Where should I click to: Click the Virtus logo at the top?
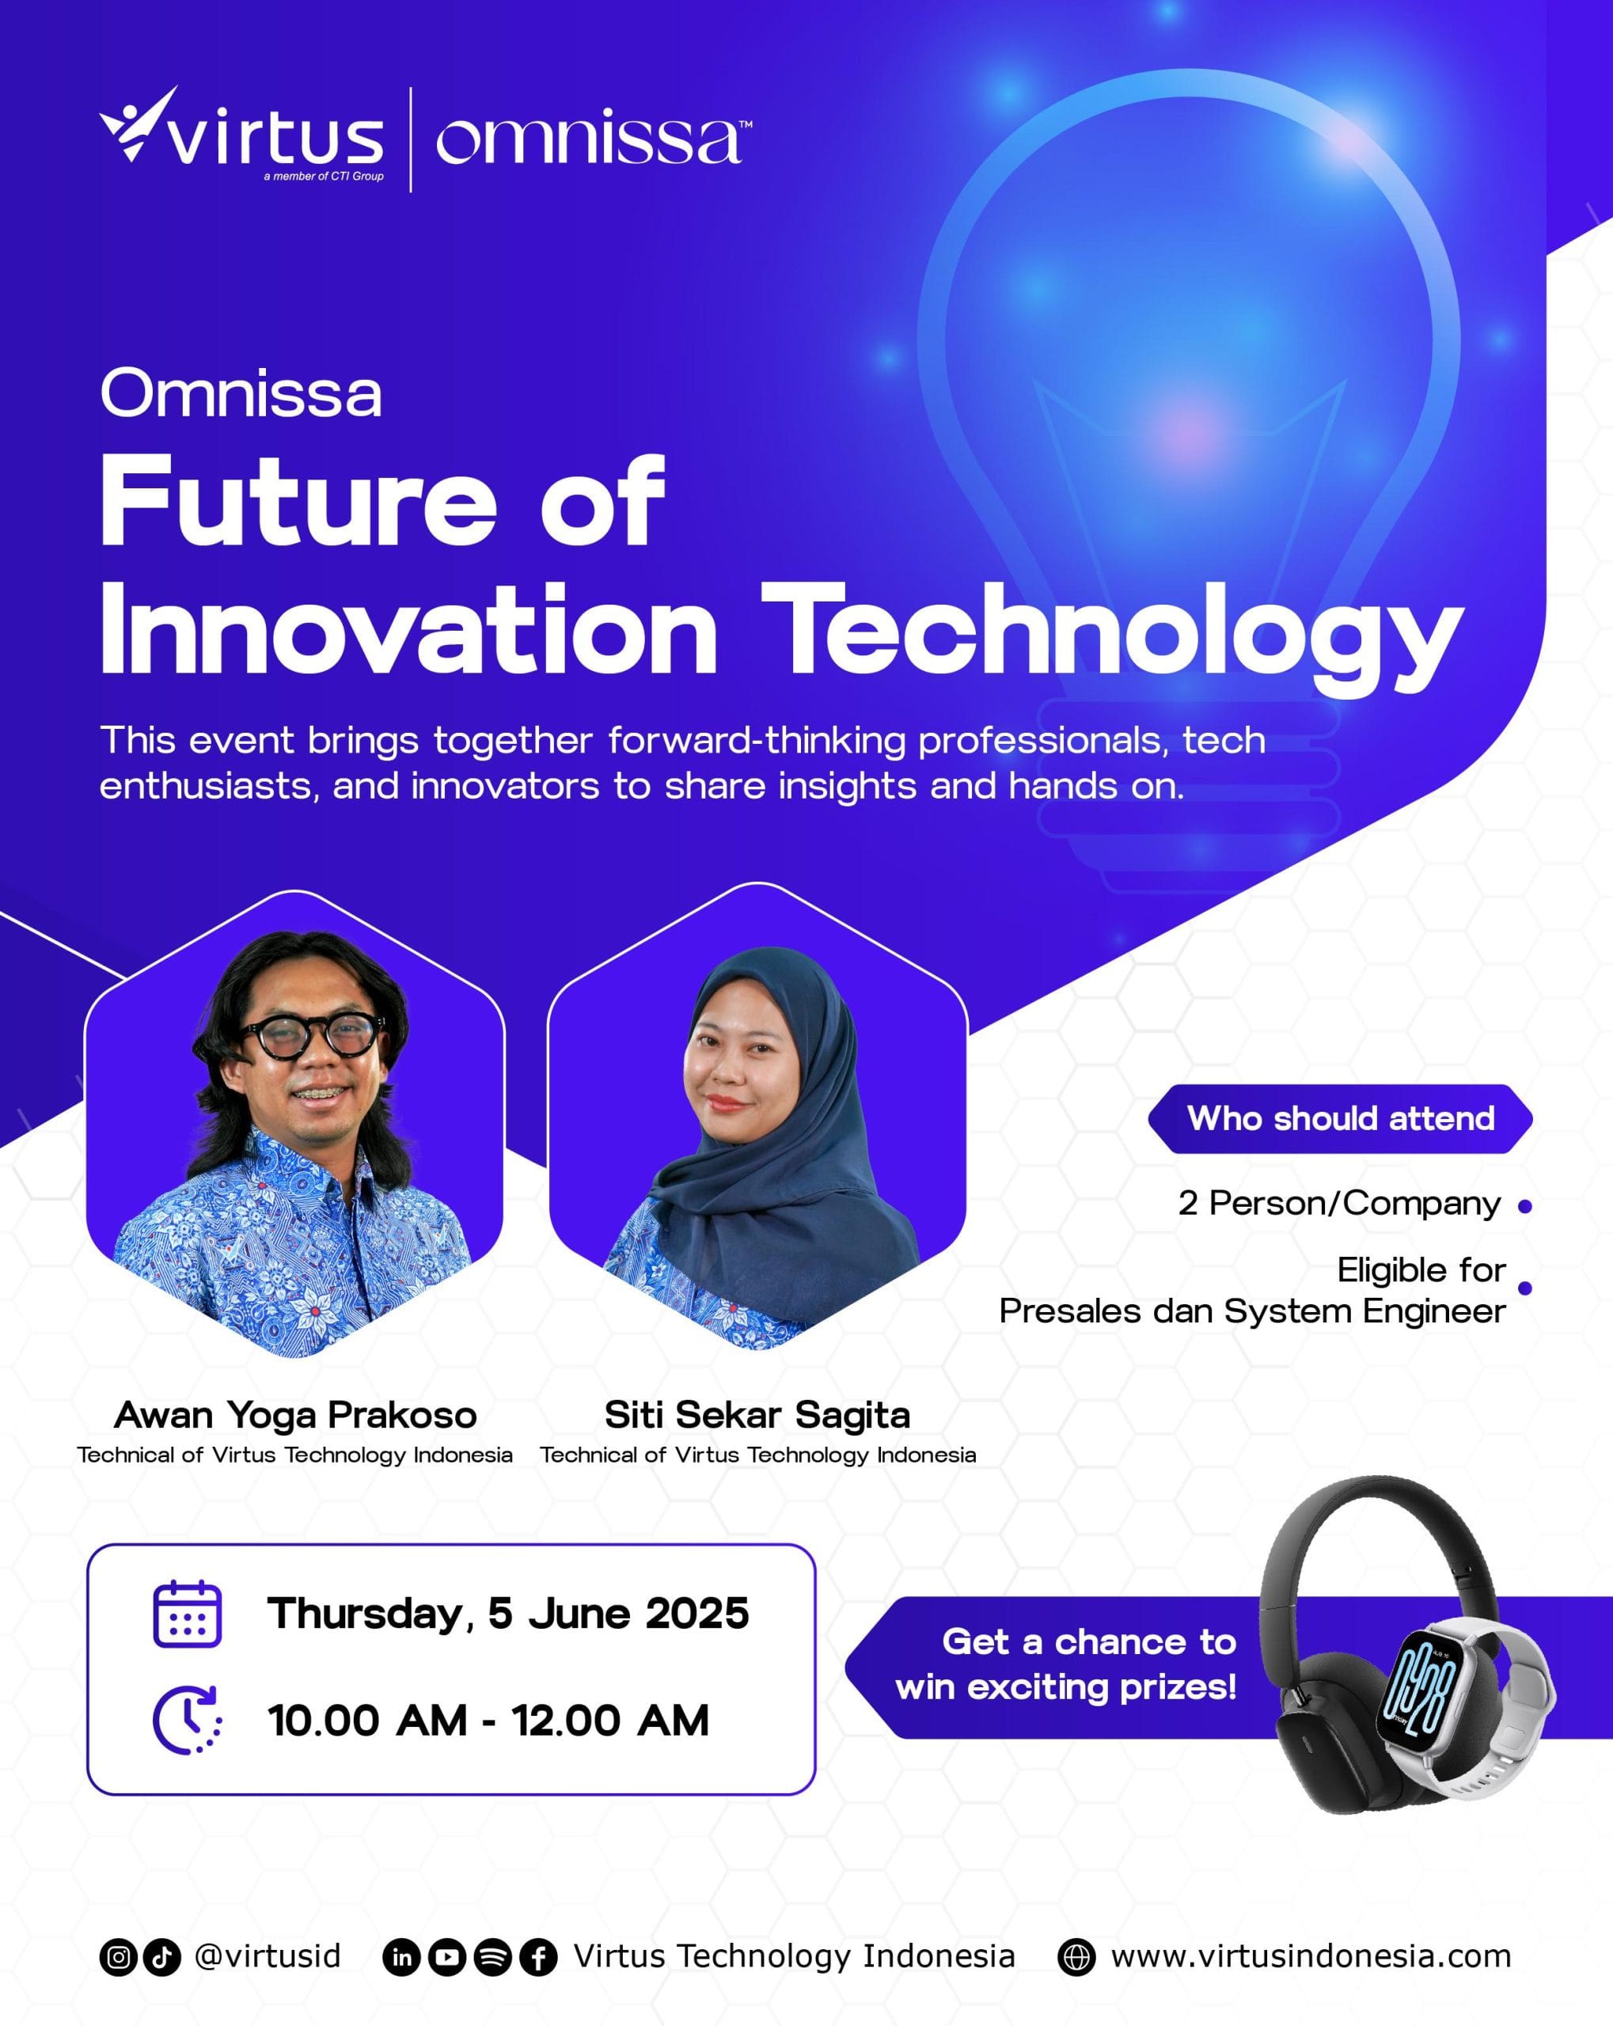point(241,135)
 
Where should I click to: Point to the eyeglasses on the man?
point(310,1035)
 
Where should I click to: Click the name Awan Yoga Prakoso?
point(295,1414)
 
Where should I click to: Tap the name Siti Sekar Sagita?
point(757,1414)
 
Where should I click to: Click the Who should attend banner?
point(1339,1118)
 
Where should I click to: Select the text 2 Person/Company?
point(1339,1203)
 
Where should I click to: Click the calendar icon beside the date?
point(187,1614)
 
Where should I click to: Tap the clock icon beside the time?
point(187,1721)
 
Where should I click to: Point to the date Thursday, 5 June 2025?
point(507,1614)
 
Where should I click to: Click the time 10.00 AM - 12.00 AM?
point(488,1721)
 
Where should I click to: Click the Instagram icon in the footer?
point(119,1957)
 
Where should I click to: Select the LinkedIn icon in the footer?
point(401,1957)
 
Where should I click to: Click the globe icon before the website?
point(1076,1957)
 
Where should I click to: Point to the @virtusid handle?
point(267,1956)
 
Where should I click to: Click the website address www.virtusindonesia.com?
point(1311,1956)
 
